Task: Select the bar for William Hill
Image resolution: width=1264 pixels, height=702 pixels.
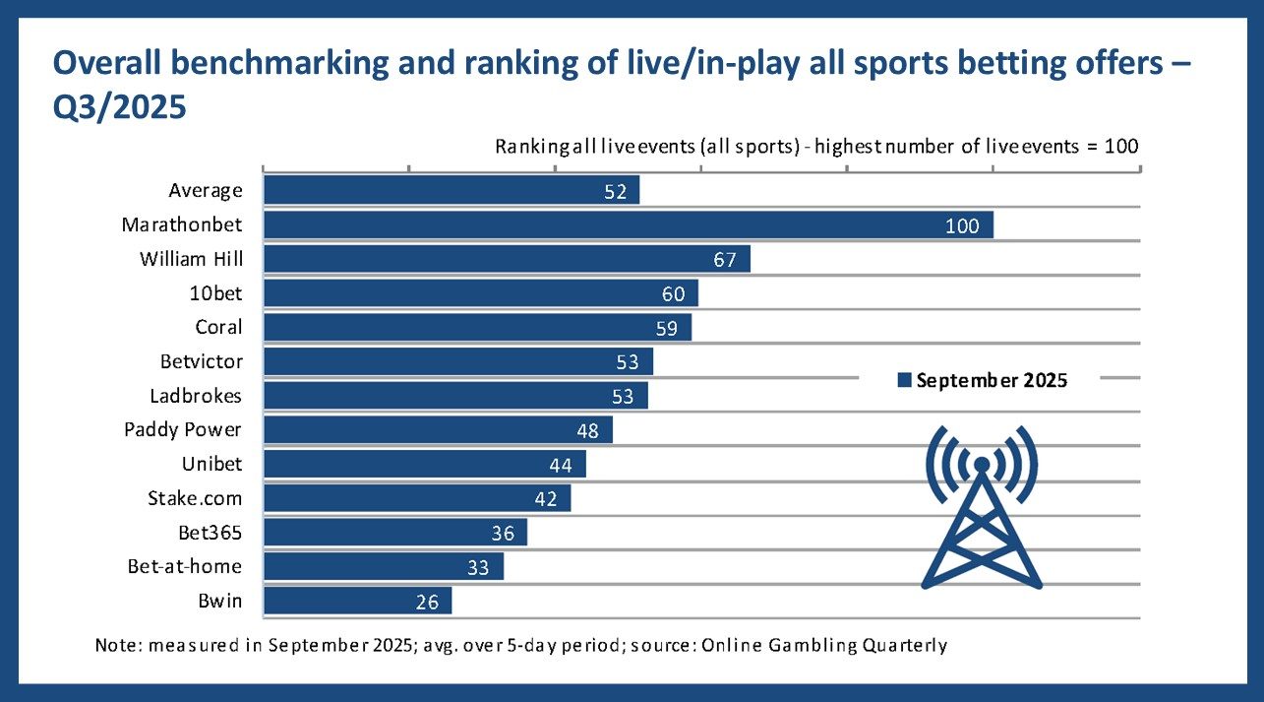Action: coord(507,259)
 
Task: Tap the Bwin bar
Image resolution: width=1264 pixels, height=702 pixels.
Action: coord(357,601)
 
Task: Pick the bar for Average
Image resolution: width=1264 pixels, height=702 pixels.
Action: coord(451,190)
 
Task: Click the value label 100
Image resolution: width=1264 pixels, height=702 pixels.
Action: coord(961,225)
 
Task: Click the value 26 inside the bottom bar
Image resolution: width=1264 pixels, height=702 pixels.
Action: coord(426,601)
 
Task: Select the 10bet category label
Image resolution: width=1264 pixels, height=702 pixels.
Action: coord(217,292)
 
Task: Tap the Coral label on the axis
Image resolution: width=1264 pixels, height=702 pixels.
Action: coord(218,327)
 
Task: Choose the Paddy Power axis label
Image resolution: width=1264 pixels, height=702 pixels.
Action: coord(183,429)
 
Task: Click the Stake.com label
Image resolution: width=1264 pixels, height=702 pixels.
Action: coord(195,497)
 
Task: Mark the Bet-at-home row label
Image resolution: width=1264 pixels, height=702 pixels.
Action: coord(185,566)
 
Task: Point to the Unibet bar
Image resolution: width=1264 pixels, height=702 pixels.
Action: coord(424,464)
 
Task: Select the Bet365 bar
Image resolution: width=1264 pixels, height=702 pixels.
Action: coord(394,533)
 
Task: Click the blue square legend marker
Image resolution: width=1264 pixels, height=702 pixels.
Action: coord(904,379)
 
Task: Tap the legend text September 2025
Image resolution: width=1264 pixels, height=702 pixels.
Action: coord(992,379)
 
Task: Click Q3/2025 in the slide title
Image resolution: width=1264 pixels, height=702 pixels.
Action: coord(119,105)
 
